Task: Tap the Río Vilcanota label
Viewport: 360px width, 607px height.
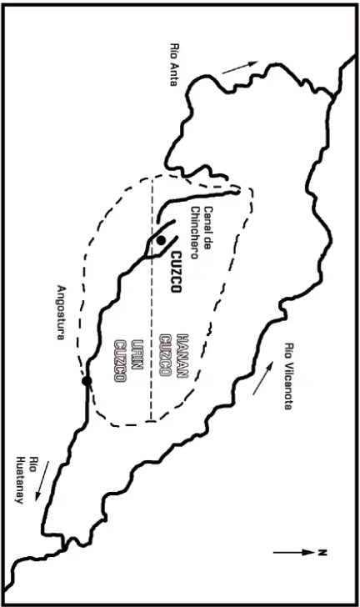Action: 289,376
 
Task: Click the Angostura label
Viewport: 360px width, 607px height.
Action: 61,313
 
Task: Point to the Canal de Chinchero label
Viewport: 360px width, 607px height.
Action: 202,233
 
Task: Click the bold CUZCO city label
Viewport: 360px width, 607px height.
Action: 176,273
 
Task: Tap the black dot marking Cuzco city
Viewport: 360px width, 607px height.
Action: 161,240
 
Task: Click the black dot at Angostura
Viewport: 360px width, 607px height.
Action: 87,381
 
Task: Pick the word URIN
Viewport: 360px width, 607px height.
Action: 137,354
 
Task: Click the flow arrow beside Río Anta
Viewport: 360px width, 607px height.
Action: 240,68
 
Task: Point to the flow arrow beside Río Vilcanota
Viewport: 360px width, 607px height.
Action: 262,379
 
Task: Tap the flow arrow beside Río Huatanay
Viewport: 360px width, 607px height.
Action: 43,480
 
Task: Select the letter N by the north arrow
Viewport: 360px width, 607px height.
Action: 322,553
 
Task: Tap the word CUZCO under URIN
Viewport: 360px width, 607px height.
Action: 120,361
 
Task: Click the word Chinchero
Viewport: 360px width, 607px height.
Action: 195,233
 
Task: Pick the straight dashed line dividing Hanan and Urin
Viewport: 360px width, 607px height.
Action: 152,298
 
